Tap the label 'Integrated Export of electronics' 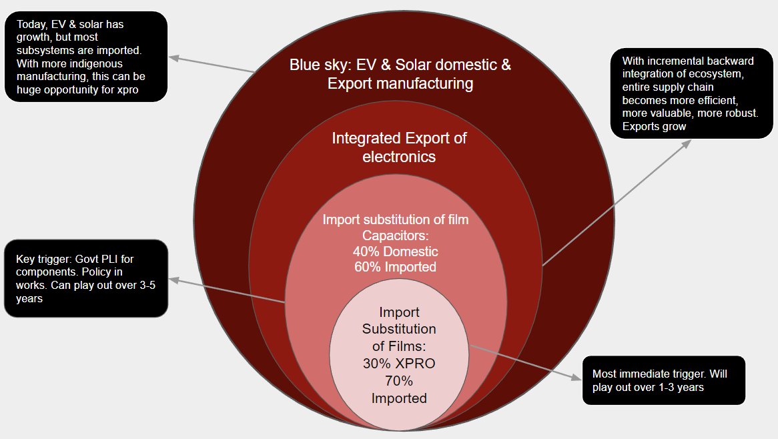pyautogui.click(x=399, y=147)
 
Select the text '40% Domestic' pyautogui.click(x=396, y=252)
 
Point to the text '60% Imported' pyautogui.click(x=396, y=267)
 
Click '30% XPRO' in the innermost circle pyautogui.click(x=399, y=364)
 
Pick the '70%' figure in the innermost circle pyautogui.click(x=399, y=381)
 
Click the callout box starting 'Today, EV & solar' pyautogui.click(x=85, y=57)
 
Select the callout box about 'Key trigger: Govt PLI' pyautogui.click(x=85, y=278)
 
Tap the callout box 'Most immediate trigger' pyautogui.click(x=663, y=380)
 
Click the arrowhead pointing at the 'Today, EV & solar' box pyautogui.click(x=173, y=58)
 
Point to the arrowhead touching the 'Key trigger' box pyautogui.click(x=173, y=281)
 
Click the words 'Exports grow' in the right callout pyautogui.click(x=654, y=126)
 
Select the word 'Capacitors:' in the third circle pyautogui.click(x=396, y=236)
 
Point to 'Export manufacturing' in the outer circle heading pyautogui.click(x=400, y=84)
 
